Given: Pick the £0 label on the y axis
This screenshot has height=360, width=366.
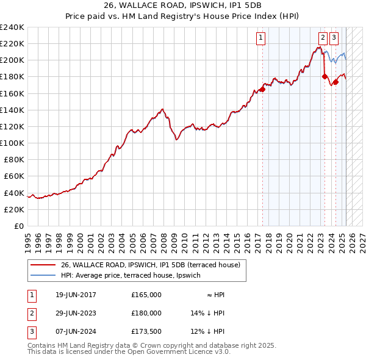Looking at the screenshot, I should pyautogui.click(x=20, y=226).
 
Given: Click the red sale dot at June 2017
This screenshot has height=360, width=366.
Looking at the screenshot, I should pyautogui.click(x=262, y=89).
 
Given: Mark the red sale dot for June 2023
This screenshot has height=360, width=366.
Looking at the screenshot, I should pyautogui.click(x=325, y=76).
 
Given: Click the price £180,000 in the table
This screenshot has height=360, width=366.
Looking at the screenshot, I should pyautogui.click(x=146, y=313).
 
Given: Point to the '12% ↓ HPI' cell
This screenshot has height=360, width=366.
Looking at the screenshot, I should pyautogui.click(x=208, y=331).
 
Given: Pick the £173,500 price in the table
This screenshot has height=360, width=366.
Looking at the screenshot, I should pyautogui.click(x=146, y=331).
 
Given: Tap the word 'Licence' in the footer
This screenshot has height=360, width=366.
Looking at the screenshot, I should pyautogui.click(x=174, y=353).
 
